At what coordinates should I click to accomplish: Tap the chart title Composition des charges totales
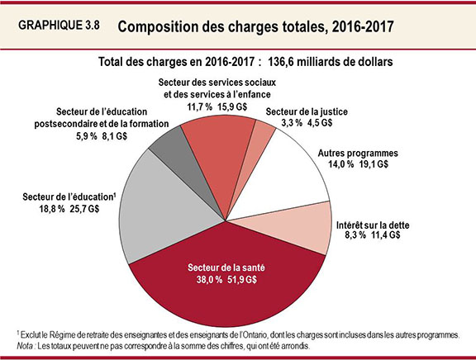tap(255, 26)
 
